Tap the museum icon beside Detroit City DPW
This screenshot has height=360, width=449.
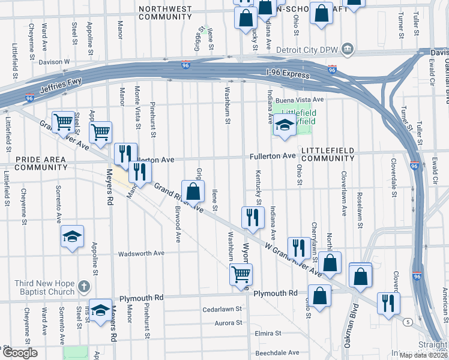click(x=347, y=49)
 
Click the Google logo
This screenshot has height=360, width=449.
click(x=20, y=353)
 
